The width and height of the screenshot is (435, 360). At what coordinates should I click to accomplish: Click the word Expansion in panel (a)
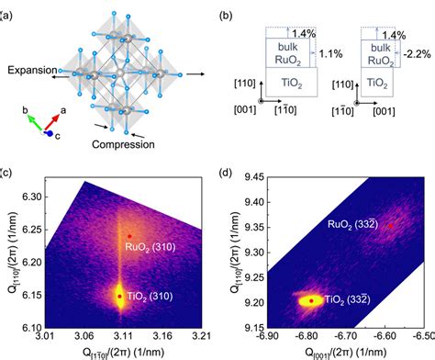click(x=32, y=70)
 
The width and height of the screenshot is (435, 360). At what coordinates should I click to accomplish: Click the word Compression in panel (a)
click(x=123, y=144)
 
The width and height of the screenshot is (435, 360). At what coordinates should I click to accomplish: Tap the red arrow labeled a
click(x=52, y=121)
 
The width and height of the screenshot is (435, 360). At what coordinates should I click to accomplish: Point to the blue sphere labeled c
click(x=50, y=133)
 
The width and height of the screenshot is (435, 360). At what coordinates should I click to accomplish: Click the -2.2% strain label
click(x=417, y=54)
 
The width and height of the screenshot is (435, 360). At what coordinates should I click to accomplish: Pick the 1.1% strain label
click(x=330, y=54)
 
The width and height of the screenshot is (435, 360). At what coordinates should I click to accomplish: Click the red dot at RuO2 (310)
click(x=129, y=236)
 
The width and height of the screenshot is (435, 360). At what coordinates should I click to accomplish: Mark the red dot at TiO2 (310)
click(x=120, y=297)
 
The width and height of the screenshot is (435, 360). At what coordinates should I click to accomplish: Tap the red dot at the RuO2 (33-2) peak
click(x=391, y=226)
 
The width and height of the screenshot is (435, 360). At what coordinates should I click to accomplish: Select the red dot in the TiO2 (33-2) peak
click(x=311, y=301)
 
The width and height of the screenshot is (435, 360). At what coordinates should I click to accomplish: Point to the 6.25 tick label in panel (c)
click(x=31, y=230)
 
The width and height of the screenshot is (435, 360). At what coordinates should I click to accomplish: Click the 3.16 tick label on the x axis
click(x=162, y=336)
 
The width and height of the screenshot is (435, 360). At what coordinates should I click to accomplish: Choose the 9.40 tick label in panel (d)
click(x=255, y=202)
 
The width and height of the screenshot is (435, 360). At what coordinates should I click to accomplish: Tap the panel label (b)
click(x=226, y=16)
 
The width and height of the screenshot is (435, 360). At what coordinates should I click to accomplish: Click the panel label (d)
click(x=226, y=173)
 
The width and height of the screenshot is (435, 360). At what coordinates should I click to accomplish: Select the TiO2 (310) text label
click(x=150, y=297)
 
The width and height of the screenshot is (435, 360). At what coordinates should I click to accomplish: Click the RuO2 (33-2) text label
click(x=352, y=224)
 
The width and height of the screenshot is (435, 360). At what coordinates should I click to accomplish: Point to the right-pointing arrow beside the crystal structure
click(x=195, y=74)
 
